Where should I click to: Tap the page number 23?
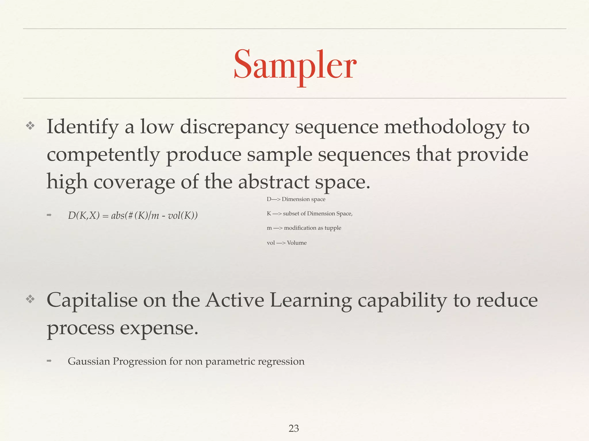[x=294, y=428]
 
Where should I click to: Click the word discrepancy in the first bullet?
[x=234, y=127]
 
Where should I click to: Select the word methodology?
[x=445, y=127]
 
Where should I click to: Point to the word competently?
[x=103, y=154]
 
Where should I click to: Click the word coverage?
[x=134, y=182]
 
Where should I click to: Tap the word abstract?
[x=274, y=182]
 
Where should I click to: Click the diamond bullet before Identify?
[x=30, y=125]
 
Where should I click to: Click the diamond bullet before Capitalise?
[x=30, y=299]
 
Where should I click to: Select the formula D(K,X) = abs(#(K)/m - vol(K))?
[x=133, y=215]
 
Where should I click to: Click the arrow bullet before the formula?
[x=49, y=215]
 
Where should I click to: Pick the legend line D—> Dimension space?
[x=296, y=199]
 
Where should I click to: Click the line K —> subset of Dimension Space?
[x=309, y=213]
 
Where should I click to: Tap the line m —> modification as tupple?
[x=304, y=228]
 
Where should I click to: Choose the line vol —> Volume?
[x=286, y=243]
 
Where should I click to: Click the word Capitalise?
[x=92, y=300]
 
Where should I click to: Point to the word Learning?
[x=311, y=300]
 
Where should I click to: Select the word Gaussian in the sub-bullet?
[x=89, y=361]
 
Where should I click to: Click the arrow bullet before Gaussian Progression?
[x=49, y=361]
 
